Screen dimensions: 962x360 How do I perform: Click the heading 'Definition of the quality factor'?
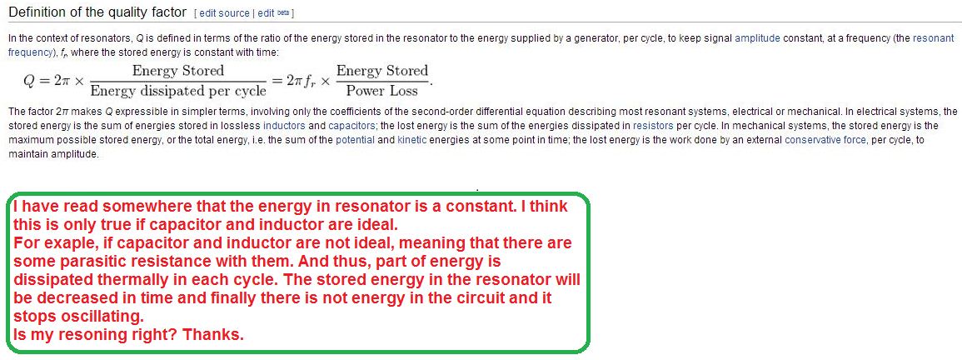[x=97, y=12]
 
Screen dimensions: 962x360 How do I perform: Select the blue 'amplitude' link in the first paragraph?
[x=758, y=38]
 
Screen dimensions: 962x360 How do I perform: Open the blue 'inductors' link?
[x=281, y=125]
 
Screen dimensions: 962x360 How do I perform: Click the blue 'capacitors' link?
[x=351, y=125]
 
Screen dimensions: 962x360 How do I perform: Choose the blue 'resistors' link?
[x=654, y=125]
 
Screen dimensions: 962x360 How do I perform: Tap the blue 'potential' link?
[x=355, y=139]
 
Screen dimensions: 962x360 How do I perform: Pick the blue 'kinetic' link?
[x=411, y=139]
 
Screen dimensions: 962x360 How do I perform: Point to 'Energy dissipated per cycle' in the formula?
[x=178, y=92]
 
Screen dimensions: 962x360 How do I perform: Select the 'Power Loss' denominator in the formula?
[x=381, y=92]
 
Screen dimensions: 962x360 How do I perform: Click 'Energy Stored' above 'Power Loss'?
[x=381, y=71]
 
